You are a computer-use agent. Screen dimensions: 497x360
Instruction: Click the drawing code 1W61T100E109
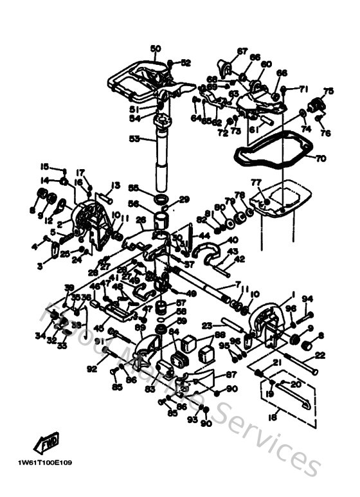[x=45, y=462]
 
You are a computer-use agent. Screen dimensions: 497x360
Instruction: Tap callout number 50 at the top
[x=155, y=48]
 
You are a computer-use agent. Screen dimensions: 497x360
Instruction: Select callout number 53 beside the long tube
[x=134, y=139]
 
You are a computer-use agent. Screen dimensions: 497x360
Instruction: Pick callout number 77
[x=255, y=183]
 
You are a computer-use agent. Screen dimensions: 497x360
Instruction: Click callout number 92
[x=91, y=369]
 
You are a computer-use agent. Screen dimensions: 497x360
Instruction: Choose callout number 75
[x=328, y=91]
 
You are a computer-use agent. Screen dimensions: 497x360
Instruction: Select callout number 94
[x=307, y=298]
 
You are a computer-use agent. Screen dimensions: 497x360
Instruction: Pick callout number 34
[x=40, y=335]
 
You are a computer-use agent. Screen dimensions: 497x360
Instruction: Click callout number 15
[x=45, y=166]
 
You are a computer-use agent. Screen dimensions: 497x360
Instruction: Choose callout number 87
[x=231, y=374]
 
